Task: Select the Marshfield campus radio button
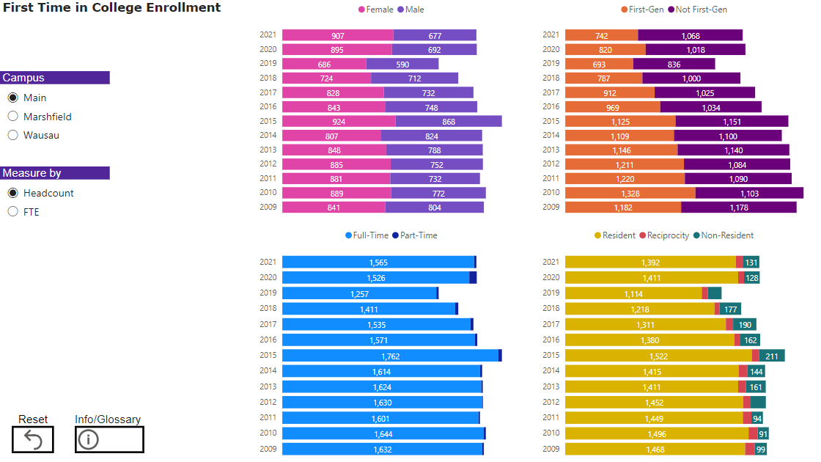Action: tap(13, 117)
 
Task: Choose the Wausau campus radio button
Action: tap(13, 136)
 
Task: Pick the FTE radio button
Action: tap(13, 212)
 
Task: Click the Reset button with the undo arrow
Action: tap(33, 439)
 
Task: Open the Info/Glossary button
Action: tap(109, 439)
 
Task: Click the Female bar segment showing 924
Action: tap(339, 121)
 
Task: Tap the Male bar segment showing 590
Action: tap(402, 64)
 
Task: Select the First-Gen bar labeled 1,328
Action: tap(630, 193)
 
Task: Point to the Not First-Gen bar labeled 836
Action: tap(674, 64)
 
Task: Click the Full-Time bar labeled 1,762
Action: tap(390, 356)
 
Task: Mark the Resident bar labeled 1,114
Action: tap(633, 293)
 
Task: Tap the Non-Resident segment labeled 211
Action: tap(772, 356)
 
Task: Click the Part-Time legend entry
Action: tap(419, 235)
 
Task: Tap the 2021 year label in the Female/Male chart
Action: tap(267, 35)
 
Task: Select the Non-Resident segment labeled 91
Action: tap(763, 433)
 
